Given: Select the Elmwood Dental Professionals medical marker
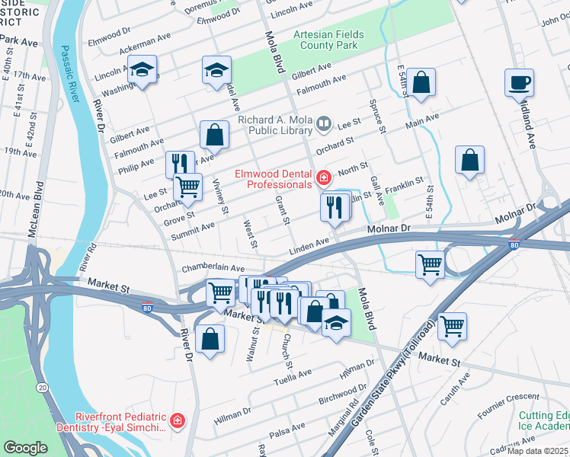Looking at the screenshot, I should click(x=324, y=178).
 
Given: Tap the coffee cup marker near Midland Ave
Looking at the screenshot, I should click(x=519, y=83).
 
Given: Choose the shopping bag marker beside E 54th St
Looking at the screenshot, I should click(x=421, y=82).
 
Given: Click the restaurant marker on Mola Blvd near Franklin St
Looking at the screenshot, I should click(x=335, y=208).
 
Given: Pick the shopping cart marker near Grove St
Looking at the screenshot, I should click(x=187, y=187).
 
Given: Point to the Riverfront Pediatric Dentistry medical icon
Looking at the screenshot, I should click(x=178, y=420).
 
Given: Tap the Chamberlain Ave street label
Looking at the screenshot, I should click(x=213, y=269).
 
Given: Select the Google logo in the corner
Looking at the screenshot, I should click(x=26, y=448).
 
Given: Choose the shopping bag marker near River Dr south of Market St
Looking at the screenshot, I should click(x=210, y=339).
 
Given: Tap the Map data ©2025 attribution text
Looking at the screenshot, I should click(x=538, y=451).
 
